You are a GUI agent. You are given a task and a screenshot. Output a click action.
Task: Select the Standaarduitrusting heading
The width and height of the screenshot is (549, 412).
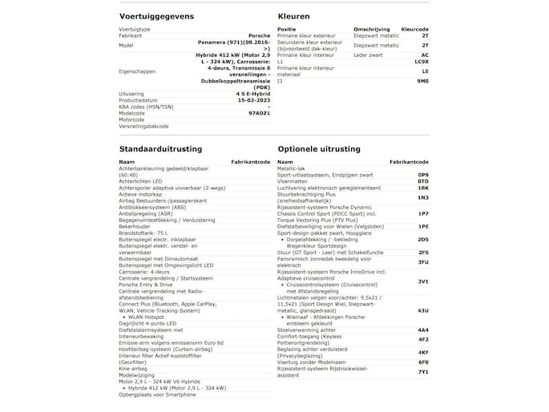click(x=160, y=148)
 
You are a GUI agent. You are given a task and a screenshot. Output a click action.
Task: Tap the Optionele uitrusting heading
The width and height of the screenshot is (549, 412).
click(x=320, y=148)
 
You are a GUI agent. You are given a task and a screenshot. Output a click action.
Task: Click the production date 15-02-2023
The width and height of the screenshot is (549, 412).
click(x=248, y=100)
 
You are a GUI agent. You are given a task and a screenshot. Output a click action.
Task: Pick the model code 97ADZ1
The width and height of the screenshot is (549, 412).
click(x=260, y=113)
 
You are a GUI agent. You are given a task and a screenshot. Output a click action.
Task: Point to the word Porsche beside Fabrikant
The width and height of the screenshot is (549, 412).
click(x=259, y=35)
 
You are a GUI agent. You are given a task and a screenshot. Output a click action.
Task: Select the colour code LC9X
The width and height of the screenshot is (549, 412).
click(x=422, y=62)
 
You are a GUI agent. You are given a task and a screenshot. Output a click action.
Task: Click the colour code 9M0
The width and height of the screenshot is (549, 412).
click(x=423, y=81)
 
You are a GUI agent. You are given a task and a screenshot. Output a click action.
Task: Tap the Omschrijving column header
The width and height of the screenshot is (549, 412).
click(x=372, y=29)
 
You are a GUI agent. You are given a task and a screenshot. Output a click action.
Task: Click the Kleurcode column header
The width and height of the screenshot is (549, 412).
click(x=414, y=29)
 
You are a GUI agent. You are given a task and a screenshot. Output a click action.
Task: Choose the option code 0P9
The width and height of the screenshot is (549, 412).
click(x=423, y=174)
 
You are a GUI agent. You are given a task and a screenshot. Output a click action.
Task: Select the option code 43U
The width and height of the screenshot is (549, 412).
click(x=423, y=310)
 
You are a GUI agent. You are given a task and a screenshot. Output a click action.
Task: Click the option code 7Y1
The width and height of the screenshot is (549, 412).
click(x=423, y=371)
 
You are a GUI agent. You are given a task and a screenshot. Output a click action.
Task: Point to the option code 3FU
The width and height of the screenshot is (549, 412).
click(x=423, y=262)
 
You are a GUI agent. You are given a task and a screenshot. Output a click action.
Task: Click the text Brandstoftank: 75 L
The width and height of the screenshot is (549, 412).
click(x=143, y=232)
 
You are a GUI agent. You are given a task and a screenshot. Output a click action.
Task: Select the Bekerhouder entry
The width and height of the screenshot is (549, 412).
click(x=135, y=226)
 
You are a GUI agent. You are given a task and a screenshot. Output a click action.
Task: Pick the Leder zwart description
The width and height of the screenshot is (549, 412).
click(x=370, y=55)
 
